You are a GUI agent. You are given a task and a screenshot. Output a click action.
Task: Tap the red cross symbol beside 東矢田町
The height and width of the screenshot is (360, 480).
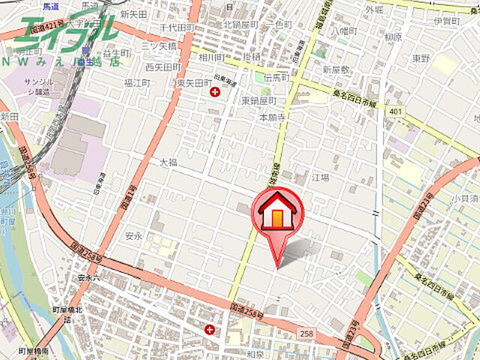tap(216, 92)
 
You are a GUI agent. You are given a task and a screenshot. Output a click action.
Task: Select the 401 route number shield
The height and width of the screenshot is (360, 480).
tap(395, 110)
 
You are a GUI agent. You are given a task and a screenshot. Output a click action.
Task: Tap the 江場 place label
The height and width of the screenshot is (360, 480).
tap(321, 178)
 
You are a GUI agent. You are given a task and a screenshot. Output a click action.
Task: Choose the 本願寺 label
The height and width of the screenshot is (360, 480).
tap(273, 117)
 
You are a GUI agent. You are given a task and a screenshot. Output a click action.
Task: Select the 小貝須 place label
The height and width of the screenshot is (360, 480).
tap(465, 199)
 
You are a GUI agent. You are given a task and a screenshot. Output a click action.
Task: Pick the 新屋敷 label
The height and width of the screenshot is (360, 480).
tap(336, 69)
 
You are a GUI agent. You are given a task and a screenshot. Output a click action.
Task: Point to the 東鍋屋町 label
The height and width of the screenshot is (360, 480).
tap(259, 100)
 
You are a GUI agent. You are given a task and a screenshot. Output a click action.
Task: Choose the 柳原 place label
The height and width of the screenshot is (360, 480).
tap(392, 36)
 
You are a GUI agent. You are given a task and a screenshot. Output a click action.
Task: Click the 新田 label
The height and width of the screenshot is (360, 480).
tap(10, 117)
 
